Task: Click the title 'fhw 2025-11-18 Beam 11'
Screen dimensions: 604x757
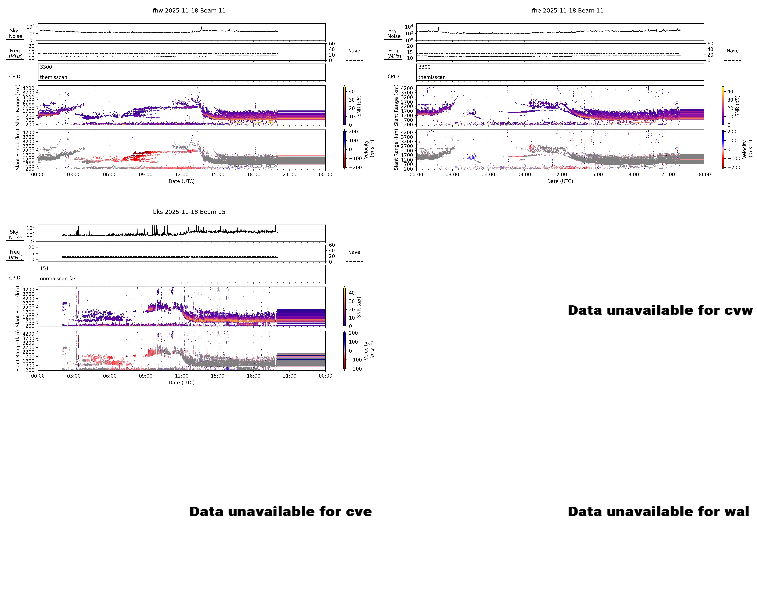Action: pos(189,11)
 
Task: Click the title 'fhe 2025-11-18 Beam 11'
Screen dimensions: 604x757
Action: pos(567,11)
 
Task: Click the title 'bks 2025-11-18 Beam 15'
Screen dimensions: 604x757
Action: pos(189,212)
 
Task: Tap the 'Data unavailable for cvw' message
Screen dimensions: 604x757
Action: pos(660,310)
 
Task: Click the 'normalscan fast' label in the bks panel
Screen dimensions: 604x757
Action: pos(59,278)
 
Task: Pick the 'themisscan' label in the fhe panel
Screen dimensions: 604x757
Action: pos(432,77)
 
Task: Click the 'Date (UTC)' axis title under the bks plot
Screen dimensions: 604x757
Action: pos(182,382)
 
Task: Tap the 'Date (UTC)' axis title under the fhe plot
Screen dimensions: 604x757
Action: pos(560,181)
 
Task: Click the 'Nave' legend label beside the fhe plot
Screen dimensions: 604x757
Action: pos(732,51)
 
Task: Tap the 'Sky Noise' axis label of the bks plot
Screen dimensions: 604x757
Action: pos(15,235)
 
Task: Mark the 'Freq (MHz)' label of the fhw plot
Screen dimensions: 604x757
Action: pos(15,53)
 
